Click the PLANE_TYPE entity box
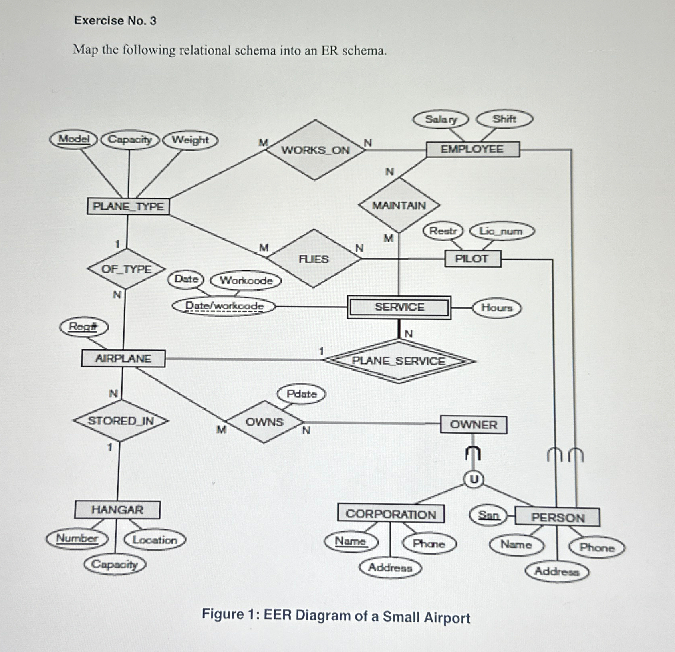click(x=128, y=206)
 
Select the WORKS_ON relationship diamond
click(x=315, y=150)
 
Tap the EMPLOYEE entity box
click(x=472, y=149)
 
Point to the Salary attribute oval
click(x=441, y=119)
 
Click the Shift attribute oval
click(x=504, y=119)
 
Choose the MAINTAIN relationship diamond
click(x=399, y=206)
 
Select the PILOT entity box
click(x=472, y=259)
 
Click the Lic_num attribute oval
click(x=502, y=231)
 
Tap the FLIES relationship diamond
click(x=314, y=259)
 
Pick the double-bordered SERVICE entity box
click(x=399, y=307)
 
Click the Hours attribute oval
click(x=497, y=308)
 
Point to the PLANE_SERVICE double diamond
click(x=398, y=361)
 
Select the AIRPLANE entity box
click(x=123, y=358)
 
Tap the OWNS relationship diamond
click(x=264, y=422)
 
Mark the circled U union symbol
click(x=474, y=479)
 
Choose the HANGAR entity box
click(x=117, y=510)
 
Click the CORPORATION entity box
click(x=391, y=514)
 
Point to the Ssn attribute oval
click(x=488, y=515)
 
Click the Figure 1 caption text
click(x=336, y=616)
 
